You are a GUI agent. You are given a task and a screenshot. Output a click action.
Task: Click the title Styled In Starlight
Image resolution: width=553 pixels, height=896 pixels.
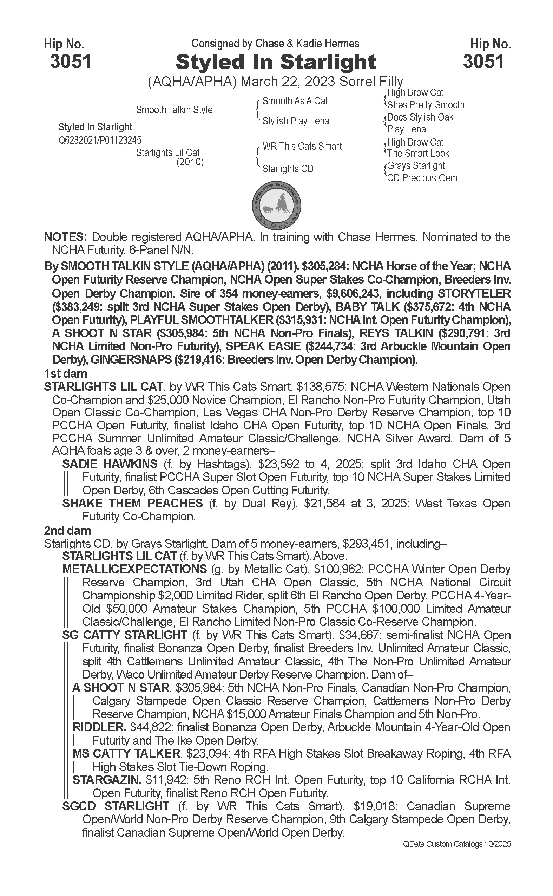[x=276, y=62]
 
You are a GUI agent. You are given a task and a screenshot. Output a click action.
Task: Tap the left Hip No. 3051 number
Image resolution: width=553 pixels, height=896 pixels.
[x=70, y=61]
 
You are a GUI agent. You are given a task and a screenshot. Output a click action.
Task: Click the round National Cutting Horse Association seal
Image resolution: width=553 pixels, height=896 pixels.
[x=277, y=204]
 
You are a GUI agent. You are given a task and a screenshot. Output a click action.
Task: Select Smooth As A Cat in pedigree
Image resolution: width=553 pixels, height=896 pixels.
[x=295, y=101]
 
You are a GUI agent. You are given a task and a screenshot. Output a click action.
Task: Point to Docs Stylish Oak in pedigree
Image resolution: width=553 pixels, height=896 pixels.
[x=420, y=117]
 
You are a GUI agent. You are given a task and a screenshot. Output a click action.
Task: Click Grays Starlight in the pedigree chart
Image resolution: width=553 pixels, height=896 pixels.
[x=416, y=166]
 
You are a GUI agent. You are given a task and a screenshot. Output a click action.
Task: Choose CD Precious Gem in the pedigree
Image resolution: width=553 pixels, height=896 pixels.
[x=422, y=178]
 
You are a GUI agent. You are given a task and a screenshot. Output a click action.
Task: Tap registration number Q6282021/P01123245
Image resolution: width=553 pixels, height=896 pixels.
[x=100, y=140]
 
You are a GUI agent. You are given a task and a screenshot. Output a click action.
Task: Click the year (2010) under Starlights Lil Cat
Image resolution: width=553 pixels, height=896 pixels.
[x=190, y=162]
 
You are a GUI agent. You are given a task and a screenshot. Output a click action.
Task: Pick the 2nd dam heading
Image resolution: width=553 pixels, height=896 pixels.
[x=67, y=530]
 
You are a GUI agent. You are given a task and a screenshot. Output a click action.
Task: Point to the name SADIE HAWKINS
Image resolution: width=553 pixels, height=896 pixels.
[x=110, y=464]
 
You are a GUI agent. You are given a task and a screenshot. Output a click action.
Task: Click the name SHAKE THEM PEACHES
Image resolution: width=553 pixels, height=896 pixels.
[x=132, y=503]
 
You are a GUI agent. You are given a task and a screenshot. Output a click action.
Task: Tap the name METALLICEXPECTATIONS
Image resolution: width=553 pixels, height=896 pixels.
[x=134, y=569]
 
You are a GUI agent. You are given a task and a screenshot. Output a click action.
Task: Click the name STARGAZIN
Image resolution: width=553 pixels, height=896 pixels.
[x=107, y=780]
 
